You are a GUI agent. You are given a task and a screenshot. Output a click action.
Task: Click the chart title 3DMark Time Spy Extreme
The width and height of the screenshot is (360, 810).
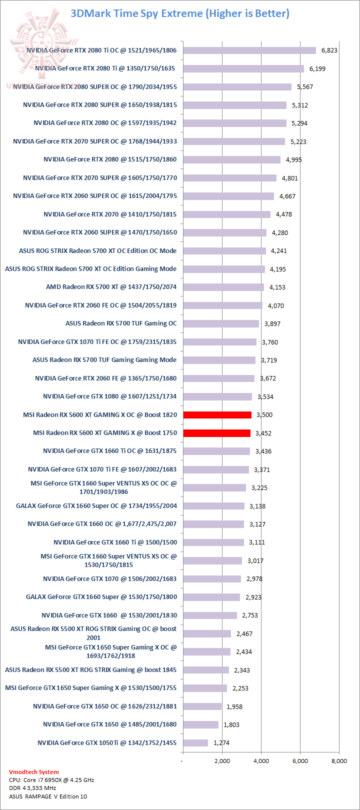pos(180,13)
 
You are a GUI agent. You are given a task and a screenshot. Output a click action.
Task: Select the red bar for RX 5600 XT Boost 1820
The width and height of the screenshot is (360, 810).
pos(217,414)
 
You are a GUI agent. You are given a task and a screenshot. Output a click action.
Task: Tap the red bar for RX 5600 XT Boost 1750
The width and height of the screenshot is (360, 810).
pos(217,433)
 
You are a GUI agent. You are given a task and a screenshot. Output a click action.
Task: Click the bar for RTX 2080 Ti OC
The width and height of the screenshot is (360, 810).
pos(249,50)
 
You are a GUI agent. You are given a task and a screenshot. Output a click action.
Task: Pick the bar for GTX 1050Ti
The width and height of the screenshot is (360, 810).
pos(195,743)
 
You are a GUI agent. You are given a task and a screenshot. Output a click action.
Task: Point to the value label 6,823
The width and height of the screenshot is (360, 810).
pos(329,50)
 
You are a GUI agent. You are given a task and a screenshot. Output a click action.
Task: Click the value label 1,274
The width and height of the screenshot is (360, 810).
pos(221,743)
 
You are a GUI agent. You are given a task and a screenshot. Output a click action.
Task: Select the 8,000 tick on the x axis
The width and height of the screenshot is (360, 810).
pos(339,761)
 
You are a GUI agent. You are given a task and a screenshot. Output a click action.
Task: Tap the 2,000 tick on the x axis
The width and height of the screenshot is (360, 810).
pos(222,761)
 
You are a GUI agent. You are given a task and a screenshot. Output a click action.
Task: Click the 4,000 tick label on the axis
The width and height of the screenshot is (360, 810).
pos(261,761)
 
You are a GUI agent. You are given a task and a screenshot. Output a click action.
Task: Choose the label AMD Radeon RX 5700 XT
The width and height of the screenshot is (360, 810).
pos(111,287)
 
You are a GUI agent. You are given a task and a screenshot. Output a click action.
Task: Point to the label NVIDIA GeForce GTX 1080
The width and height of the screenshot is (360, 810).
pos(109,396)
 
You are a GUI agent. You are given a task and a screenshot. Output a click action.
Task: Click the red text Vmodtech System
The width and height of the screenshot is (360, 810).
pos(33,772)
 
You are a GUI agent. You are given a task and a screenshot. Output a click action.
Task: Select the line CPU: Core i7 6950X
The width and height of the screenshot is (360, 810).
pos(51,780)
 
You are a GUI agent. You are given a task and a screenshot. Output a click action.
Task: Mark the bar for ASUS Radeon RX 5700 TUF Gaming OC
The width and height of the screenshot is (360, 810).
pos(221,323)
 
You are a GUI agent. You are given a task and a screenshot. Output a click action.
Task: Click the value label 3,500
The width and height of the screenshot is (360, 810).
pos(264,415)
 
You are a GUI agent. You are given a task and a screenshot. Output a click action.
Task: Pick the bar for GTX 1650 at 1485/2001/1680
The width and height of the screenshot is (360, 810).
pos(201,724)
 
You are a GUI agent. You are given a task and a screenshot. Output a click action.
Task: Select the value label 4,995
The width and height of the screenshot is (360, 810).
pos(294,160)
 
